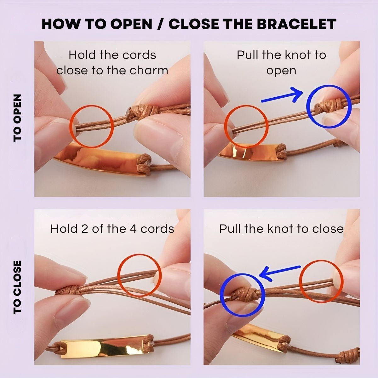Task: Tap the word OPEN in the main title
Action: pyautogui.click(x=131, y=24)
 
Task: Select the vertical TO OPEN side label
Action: pyautogui.click(x=17, y=118)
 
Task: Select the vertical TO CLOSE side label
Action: pyautogui.click(x=17, y=287)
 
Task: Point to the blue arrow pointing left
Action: pyautogui.click(x=280, y=273)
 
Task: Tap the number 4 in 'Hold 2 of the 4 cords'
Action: pyautogui.click(x=133, y=229)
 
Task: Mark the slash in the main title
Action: pyautogui.click(x=160, y=24)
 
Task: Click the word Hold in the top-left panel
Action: pyautogui.click(x=83, y=55)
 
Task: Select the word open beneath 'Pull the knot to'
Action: pyautogui.click(x=281, y=71)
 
